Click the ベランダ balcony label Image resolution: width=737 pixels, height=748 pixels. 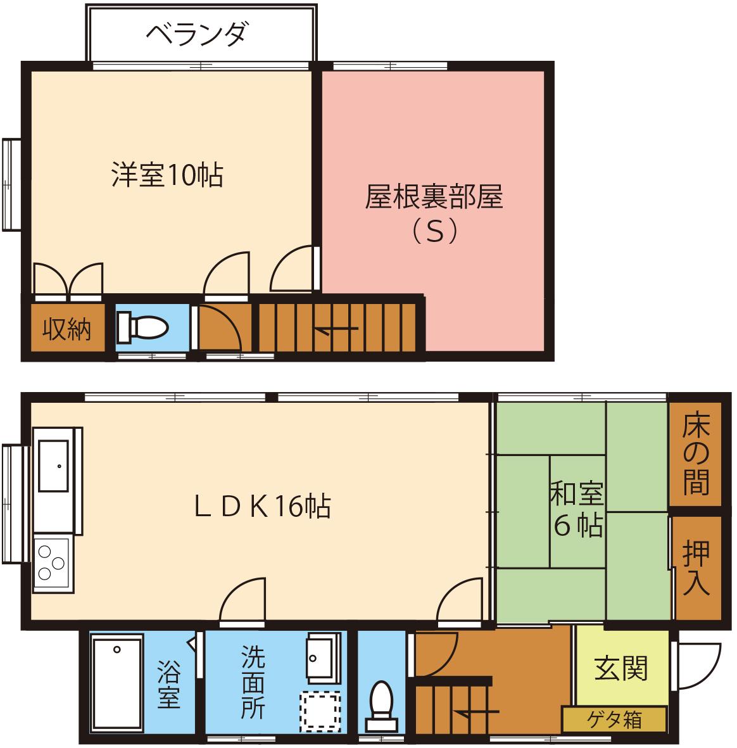click(197, 34)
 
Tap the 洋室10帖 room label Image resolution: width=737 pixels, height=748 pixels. click(167, 175)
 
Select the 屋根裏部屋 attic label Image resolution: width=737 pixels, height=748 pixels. click(434, 196)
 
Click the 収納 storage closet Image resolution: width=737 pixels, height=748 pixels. click(67, 327)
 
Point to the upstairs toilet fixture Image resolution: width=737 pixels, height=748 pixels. click(142, 327)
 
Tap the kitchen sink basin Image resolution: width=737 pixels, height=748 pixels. click(53, 466)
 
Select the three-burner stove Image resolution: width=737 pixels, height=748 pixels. click(53, 563)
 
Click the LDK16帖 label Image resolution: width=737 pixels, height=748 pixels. click(262, 506)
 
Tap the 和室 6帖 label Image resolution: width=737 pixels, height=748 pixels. click(577, 509)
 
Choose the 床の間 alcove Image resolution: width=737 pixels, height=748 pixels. click(695, 453)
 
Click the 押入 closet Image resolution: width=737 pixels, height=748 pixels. click(697, 567)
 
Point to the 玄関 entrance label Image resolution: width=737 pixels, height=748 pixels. click(620, 668)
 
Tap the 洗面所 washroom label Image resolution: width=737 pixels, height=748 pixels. click(253, 683)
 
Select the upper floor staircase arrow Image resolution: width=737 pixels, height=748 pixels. click(336, 329)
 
